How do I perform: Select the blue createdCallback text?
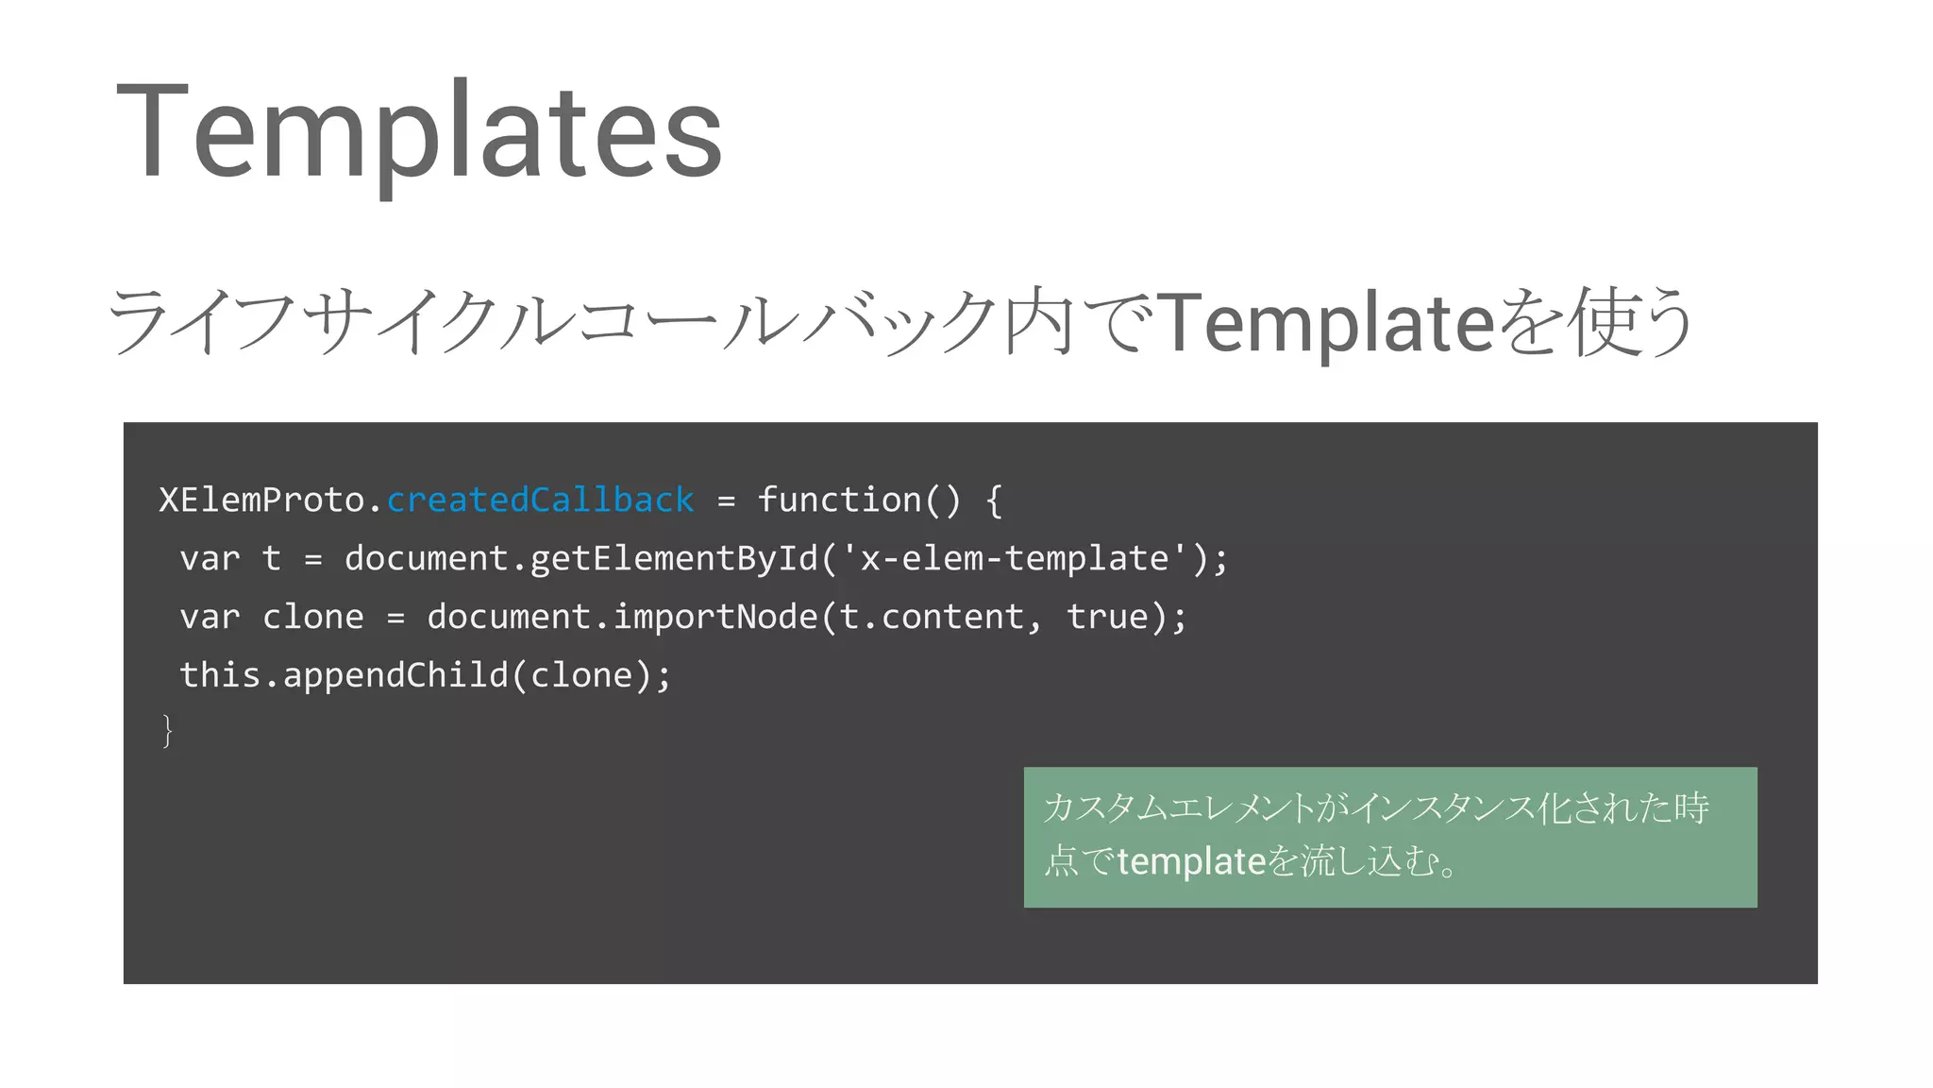pyautogui.click(x=540, y=500)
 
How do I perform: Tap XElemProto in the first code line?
pyautogui.click(x=261, y=500)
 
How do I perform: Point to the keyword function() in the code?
pyautogui.click(x=859, y=500)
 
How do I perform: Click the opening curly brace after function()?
pyautogui.click(x=993, y=501)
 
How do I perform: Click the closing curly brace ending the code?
pyautogui.click(x=168, y=731)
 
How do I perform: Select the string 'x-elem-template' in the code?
pyautogui.click(x=1014, y=558)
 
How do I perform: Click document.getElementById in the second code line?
pyautogui.click(x=580, y=558)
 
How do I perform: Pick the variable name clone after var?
pyautogui.click(x=312, y=617)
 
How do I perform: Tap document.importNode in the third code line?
pyautogui.click(x=622, y=617)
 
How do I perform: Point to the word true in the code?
pyautogui.click(x=1106, y=617)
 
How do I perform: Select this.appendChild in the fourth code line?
pyautogui.click(x=344, y=675)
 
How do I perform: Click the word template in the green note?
pyautogui.click(x=1191, y=861)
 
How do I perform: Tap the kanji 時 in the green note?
pyautogui.click(x=1691, y=808)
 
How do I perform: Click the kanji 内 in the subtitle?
pyautogui.click(x=1038, y=322)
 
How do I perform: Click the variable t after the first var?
pyautogui.click(x=272, y=558)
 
